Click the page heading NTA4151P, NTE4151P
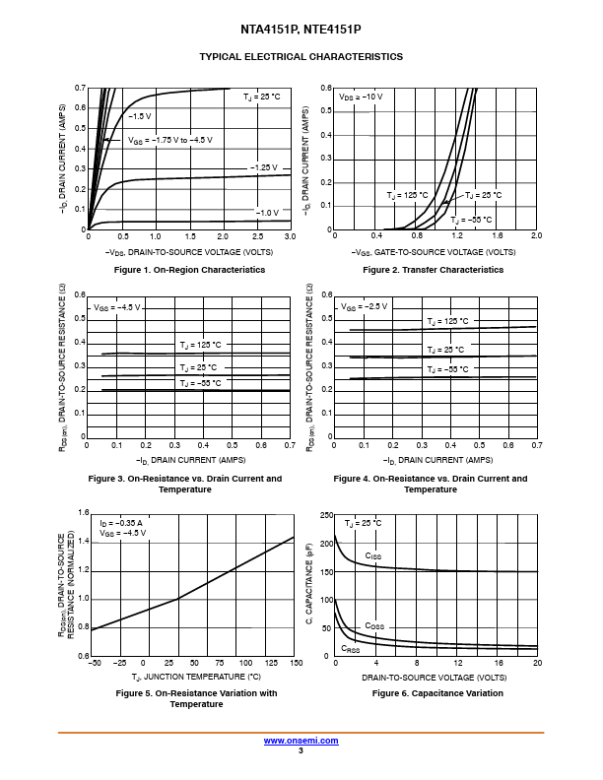pyautogui.click(x=301, y=30)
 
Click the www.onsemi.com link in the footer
pyautogui.click(x=301, y=740)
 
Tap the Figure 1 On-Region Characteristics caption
pyautogui.click(x=189, y=270)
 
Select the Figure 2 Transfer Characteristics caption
pyautogui.click(x=434, y=270)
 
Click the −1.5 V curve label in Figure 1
pyautogui.click(x=139, y=116)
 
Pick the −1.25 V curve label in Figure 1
pyautogui.click(x=264, y=167)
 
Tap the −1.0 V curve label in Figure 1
pyautogui.click(x=267, y=213)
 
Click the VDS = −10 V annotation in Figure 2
pyautogui.click(x=361, y=97)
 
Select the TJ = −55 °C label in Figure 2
pyautogui.click(x=471, y=219)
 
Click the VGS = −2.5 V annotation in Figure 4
pyautogui.click(x=360, y=307)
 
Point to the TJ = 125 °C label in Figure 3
pyautogui.click(x=200, y=345)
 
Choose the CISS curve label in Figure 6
pyautogui.click(x=373, y=556)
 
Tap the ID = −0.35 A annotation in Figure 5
pyautogui.click(x=121, y=522)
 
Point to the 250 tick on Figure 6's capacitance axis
pyautogui.click(x=326, y=515)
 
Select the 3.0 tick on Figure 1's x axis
pyautogui.click(x=290, y=237)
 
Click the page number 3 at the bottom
pyautogui.click(x=301, y=750)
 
